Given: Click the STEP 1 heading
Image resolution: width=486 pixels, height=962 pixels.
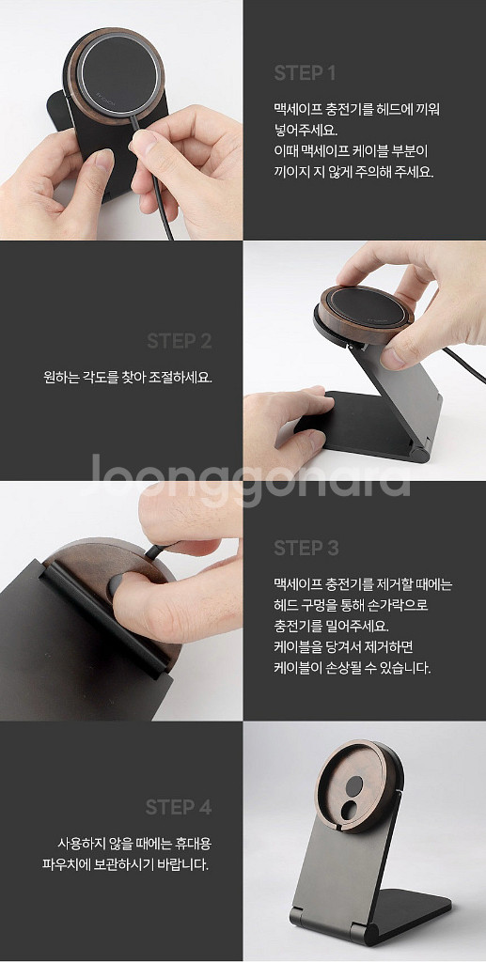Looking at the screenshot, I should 305,72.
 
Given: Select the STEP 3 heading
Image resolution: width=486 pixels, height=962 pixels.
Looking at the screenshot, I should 306,548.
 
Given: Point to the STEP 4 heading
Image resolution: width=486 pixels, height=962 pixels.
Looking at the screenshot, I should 178,807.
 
